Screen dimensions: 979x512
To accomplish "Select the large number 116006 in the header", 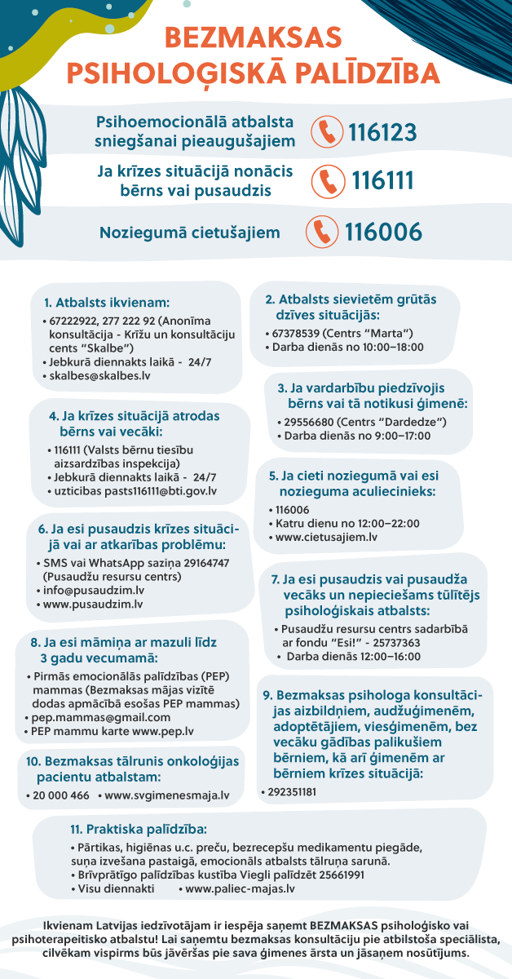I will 383,233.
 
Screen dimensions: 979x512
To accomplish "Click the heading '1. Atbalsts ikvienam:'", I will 107,301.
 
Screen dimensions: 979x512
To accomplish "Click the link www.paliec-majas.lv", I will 241,888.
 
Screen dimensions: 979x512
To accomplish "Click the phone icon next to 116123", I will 327,132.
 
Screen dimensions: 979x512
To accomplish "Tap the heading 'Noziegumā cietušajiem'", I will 190,233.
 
